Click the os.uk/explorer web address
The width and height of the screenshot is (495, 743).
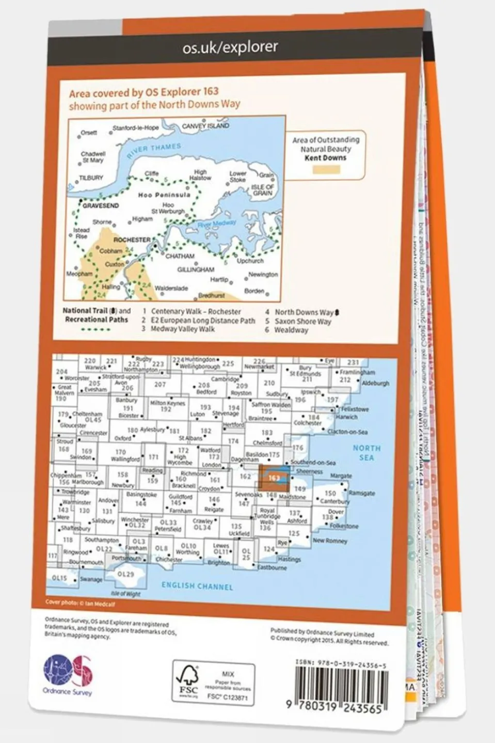point(230,48)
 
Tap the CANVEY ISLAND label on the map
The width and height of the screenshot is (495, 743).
point(205,126)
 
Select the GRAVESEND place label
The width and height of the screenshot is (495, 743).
point(101,205)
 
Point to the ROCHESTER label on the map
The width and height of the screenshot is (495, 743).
point(132,240)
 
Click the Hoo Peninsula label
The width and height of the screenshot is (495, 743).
point(157,195)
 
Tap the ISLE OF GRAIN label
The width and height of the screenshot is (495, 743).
point(263,190)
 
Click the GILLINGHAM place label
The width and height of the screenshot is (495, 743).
point(196,270)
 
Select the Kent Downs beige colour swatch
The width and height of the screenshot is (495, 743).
point(326,170)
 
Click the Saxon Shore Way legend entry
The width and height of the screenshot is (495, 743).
point(303,321)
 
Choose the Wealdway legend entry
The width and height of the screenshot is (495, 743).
point(291,330)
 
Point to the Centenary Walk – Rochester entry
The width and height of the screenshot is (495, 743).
point(196,312)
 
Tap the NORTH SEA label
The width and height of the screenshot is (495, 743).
point(366,453)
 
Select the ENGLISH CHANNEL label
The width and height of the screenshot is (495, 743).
point(197,586)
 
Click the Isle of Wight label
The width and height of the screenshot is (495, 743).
point(125,594)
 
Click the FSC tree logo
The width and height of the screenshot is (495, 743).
point(188,682)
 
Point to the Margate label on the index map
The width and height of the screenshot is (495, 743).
point(341,476)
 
